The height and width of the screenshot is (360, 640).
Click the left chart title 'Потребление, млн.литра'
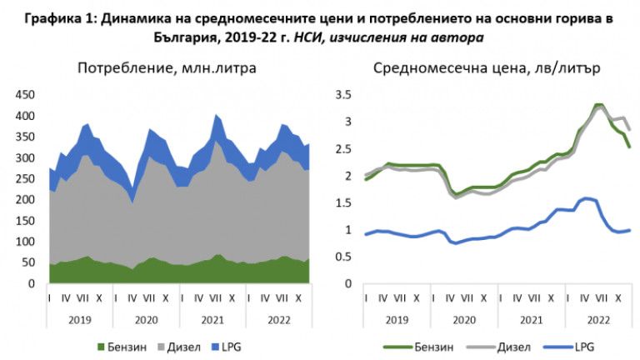tap(167, 68)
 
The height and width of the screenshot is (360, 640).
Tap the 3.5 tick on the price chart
tap(343, 95)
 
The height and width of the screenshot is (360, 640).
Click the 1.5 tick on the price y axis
tap(343, 202)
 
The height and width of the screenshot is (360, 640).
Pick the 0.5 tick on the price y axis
tap(343, 257)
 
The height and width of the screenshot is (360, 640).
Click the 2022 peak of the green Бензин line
tap(598, 105)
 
